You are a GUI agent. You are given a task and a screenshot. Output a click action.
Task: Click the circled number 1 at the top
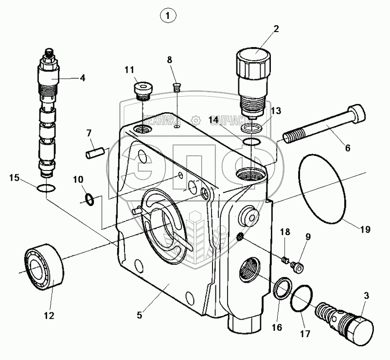tap(167, 16)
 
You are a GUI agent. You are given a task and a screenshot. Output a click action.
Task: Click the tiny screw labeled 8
tap(177, 87)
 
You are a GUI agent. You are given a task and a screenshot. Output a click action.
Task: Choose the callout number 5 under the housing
tap(139, 315)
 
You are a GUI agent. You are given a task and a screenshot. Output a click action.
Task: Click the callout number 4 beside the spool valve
tap(83, 77)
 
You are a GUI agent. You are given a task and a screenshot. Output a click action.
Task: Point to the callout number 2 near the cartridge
tap(276, 29)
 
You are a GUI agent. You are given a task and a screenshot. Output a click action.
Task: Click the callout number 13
tap(276, 111)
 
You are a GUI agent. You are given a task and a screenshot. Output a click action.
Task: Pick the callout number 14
tap(214, 119)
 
